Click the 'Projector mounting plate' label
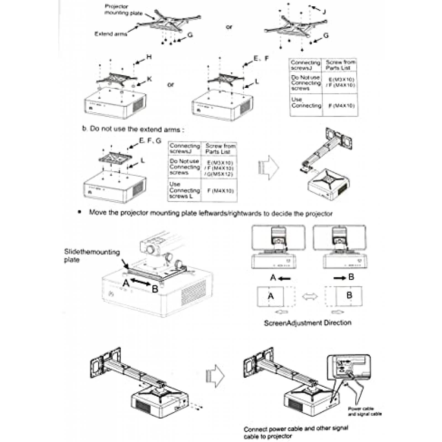click(123, 10)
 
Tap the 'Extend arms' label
click(111, 34)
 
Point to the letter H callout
click(149, 57)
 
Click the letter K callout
click(149, 79)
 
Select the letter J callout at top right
click(324, 12)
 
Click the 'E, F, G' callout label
click(150, 141)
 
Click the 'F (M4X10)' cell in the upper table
click(341, 106)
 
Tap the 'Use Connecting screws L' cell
click(184, 190)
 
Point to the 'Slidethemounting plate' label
click(92, 256)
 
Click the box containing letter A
click(270, 296)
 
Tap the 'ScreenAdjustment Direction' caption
click(307, 323)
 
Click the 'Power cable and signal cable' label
click(364, 411)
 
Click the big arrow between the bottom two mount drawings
click(215, 376)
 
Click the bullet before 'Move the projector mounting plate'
click(80, 212)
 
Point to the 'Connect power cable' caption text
click(296, 432)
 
